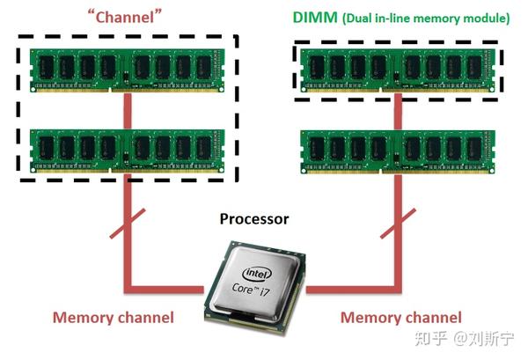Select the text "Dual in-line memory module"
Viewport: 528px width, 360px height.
[x=427, y=18]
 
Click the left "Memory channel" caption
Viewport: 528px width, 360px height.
[x=114, y=318]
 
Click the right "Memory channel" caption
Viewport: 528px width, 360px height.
[x=400, y=318]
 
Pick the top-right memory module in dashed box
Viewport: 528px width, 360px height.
[x=398, y=69]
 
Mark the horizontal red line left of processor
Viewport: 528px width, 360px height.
[x=167, y=287]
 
